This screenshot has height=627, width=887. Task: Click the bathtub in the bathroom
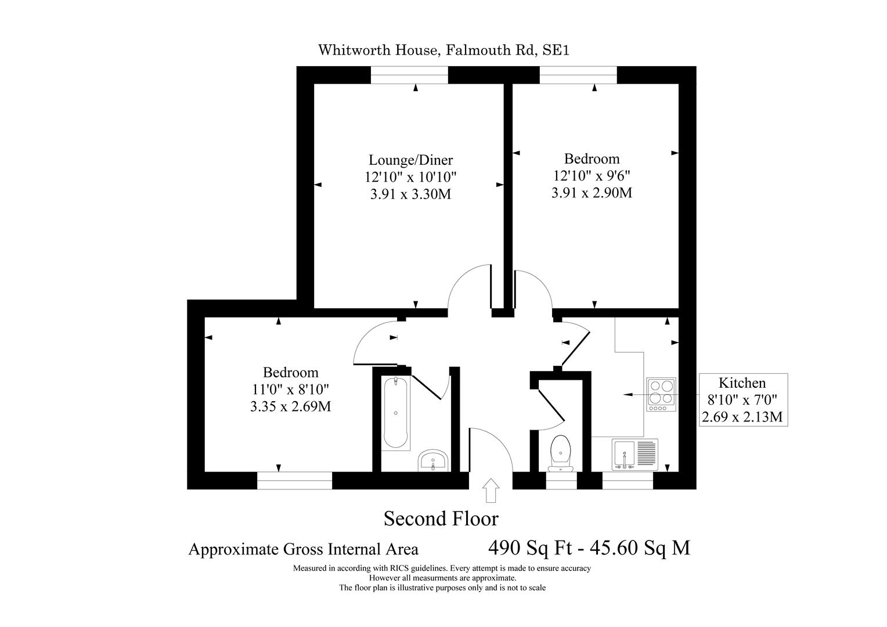tap(396, 412)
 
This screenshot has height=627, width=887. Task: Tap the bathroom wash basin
tap(432, 460)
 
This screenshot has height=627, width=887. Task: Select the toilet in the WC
tap(560, 453)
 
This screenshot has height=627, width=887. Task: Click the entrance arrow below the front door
tap(491, 490)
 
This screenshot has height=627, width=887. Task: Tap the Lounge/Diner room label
tap(410, 160)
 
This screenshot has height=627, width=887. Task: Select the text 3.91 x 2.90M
tap(592, 192)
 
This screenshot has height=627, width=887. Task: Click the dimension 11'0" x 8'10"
tap(290, 389)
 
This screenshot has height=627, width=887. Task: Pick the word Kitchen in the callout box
tap(742, 383)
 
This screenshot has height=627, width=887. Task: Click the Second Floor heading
tap(441, 518)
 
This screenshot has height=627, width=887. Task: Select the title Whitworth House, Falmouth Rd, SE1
tap(443, 50)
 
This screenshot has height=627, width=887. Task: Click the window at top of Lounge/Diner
tap(409, 75)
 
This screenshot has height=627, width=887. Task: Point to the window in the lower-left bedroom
tap(294, 480)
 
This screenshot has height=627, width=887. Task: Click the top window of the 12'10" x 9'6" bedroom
tap(578, 75)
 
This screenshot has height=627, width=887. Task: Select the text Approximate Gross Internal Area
tap(303, 549)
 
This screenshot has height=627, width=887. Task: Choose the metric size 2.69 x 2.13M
tap(742, 416)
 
